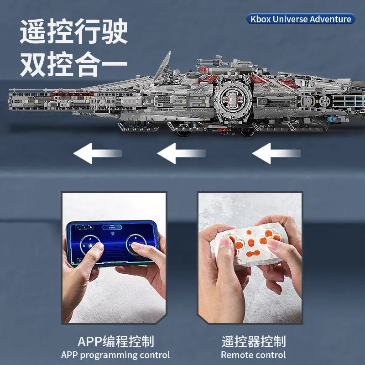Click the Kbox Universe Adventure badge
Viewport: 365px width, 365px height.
pos(301,19)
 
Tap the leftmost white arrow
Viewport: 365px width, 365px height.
pos(98,153)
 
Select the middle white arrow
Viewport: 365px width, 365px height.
pos(181,153)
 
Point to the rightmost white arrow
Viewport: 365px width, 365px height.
pos(276,153)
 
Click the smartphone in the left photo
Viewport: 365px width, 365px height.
pos(112,243)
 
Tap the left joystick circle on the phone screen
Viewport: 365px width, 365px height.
pos(90,245)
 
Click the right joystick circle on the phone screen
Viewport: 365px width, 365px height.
pos(136,245)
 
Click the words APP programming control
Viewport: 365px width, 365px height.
pos(115,355)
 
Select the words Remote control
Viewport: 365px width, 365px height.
pos(253,355)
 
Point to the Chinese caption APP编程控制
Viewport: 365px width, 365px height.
pos(116,341)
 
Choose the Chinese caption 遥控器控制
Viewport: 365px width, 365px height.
pos(254,341)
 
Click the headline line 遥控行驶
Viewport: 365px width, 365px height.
pos(74,31)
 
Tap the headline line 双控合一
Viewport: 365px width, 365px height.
pos(74,64)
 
